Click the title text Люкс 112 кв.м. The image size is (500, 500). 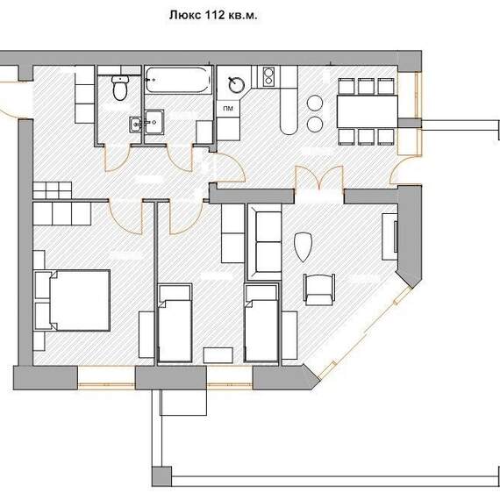pyautogui.click(x=213, y=15)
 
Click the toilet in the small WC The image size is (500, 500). pyautogui.click(x=120, y=88)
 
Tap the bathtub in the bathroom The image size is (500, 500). pyautogui.click(x=178, y=80)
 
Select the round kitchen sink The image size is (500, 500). pyautogui.click(x=237, y=84)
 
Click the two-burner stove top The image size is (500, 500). pyautogui.click(x=268, y=77)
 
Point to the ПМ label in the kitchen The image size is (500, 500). pyautogui.click(x=228, y=109)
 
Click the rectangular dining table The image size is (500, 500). pyautogui.click(x=368, y=111)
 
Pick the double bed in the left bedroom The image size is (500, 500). pyautogui.click(x=73, y=300)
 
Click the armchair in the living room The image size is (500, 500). pyautogui.click(x=319, y=289)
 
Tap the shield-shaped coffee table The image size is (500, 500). pyautogui.click(x=303, y=246)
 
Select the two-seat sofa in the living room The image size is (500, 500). pyautogui.click(x=265, y=242)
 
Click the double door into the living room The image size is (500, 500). pyautogui.click(x=319, y=179)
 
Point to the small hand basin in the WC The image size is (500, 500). pyautogui.click(x=135, y=124)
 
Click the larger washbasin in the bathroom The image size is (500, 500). pyautogui.click(x=154, y=121)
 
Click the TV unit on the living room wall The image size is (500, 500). pyautogui.click(x=390, y=236)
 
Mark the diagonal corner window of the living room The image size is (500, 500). pyautogui.click(x=365, y=332)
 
